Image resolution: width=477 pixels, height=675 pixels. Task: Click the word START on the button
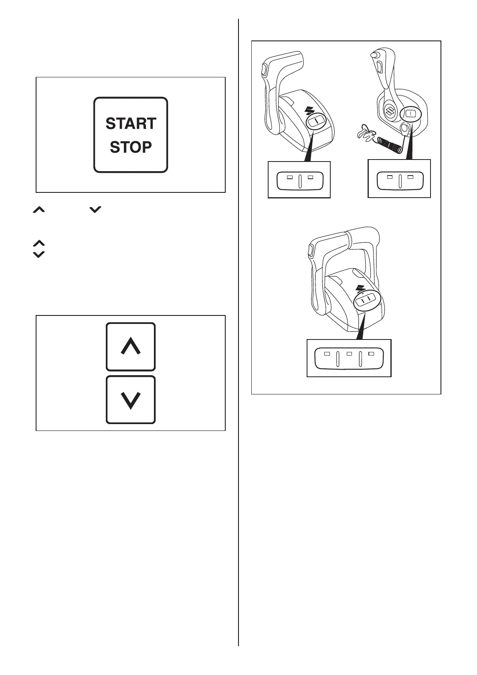tap(131, 123)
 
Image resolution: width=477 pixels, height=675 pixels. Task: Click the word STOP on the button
tap(131, 147)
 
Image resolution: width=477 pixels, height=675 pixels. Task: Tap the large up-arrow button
tap(131, 347)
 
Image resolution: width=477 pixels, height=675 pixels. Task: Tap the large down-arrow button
tap(131, 400)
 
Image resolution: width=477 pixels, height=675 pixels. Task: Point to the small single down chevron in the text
tap(95, 209)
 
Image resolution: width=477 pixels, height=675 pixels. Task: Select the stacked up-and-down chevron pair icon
tap(38, 249)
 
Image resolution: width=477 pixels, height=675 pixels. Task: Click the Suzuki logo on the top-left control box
tap(309, 109)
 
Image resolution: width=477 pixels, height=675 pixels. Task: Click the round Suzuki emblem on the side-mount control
tap(389, 112)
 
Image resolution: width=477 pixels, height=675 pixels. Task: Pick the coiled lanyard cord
tap(389, 145)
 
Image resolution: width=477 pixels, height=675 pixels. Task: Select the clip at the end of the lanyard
tap(364, 135)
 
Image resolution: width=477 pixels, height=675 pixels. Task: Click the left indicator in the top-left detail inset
tap(290, 177)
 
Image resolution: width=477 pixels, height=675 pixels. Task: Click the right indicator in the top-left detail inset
tap(310, 177)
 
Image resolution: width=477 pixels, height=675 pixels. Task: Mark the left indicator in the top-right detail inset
tap(390, 176)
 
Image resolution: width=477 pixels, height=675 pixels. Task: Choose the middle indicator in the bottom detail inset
tap(349, 354)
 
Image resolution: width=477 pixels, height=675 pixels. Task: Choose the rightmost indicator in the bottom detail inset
tap(371, 354)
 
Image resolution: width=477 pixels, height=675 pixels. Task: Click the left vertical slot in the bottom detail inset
tap(338, 359)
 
